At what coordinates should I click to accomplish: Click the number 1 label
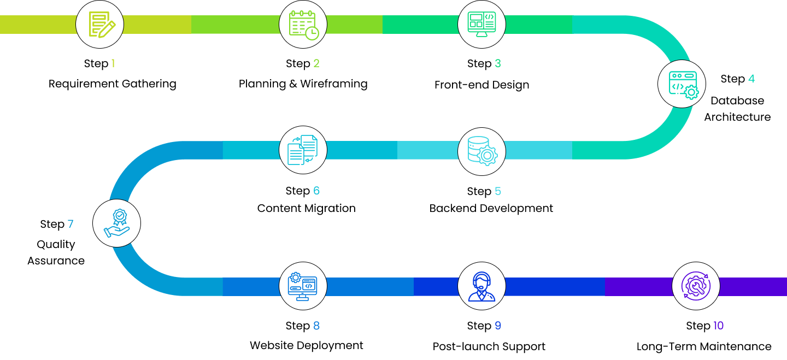(113, 63)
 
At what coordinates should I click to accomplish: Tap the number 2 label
(316, 63)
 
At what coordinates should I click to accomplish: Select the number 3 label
(498, 63)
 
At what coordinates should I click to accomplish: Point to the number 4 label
(751, 79)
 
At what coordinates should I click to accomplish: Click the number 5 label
(498, 191)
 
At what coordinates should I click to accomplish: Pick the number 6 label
(316, 191)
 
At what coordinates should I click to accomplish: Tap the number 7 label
(71, 224)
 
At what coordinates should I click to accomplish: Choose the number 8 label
(316, 326)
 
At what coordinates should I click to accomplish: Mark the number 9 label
(498, 326)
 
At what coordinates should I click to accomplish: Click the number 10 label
(718, 326)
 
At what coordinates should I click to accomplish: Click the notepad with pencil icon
(100, 25)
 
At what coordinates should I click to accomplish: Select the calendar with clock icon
(303, 25)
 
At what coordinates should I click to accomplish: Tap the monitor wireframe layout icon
(481, 25)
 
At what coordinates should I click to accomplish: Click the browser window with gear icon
(682, 84)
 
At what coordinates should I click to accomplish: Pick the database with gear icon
(481, 151)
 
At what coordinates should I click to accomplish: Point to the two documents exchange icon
(303, 150)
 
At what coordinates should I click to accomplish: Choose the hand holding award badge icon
(117, 223)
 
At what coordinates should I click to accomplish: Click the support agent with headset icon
(481, 286)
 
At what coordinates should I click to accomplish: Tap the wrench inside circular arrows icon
(696, 286)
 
